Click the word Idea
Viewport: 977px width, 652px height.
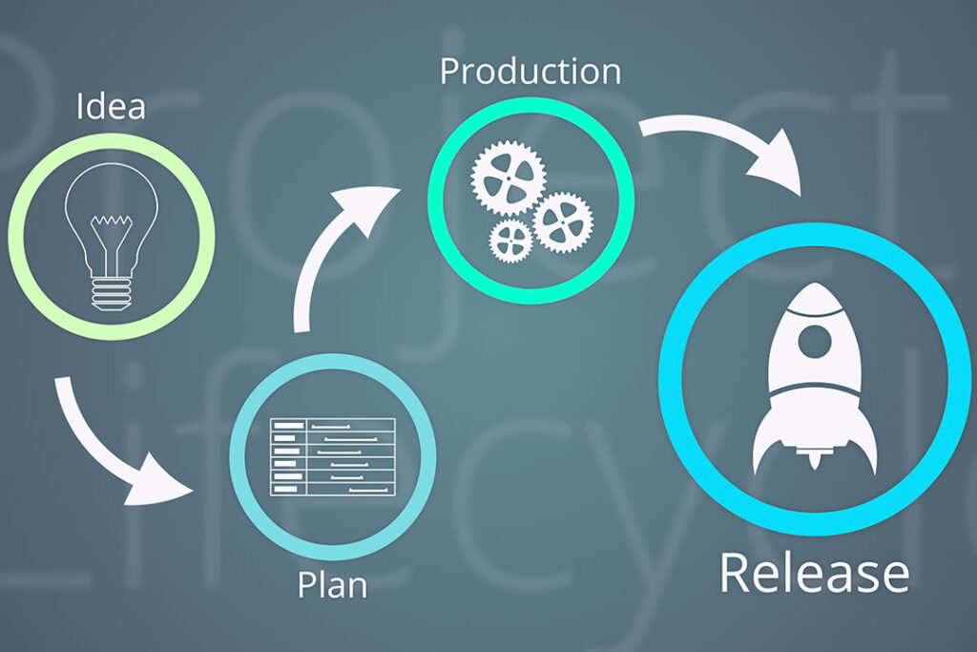point(110,105)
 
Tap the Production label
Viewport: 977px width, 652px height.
point(530,72)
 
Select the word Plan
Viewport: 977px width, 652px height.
point(332,584)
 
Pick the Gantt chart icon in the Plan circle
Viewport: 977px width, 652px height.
point(332,455)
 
